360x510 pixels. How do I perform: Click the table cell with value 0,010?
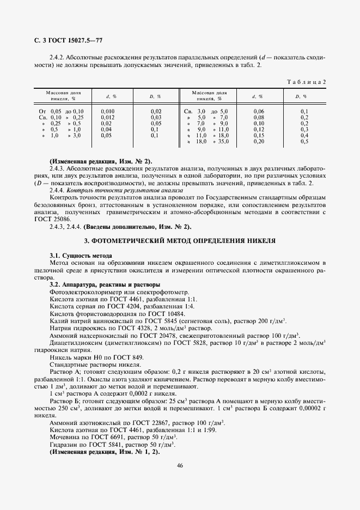coord(108,111)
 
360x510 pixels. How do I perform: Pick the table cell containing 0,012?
coord(108,117)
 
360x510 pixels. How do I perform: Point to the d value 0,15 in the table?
coord(259,135)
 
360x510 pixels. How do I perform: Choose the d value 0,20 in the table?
coord(259,141)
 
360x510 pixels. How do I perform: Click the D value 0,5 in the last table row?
coord(304,141)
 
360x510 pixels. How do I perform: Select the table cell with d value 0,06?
coord(259,111)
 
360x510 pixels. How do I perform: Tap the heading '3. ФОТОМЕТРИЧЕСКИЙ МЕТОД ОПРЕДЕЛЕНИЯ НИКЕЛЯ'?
coord(179,240)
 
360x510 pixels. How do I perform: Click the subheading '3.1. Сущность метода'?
coord(81,255)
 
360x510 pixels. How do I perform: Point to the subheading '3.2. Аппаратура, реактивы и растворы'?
coord(105,284)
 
